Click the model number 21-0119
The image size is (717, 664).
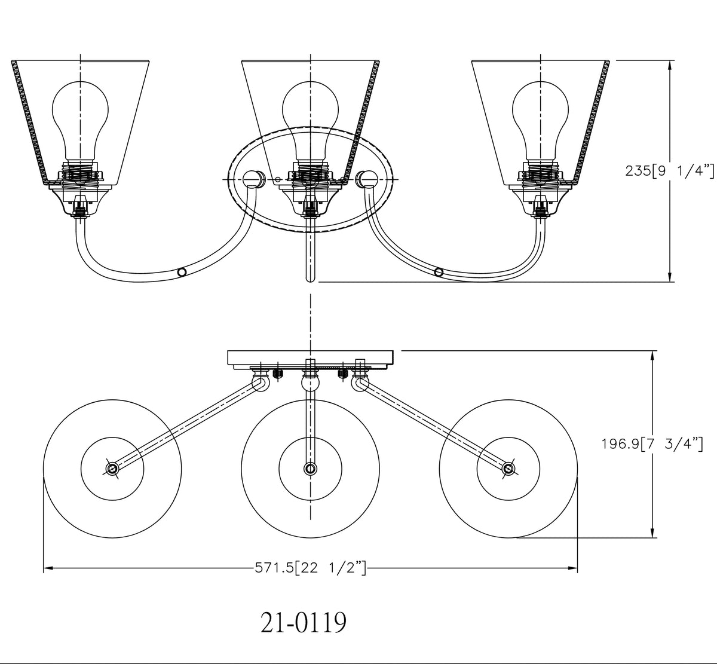(303, 623)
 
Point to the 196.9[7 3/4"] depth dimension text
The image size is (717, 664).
(651, 444)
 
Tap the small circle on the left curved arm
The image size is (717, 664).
(182, 272)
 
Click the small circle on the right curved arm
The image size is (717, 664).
(439, 273)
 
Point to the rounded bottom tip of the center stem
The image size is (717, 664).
(310, 278)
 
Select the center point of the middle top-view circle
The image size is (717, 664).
(310, 469)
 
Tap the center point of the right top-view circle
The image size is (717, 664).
(508, 469)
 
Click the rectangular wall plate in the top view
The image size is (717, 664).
(310, 357)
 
